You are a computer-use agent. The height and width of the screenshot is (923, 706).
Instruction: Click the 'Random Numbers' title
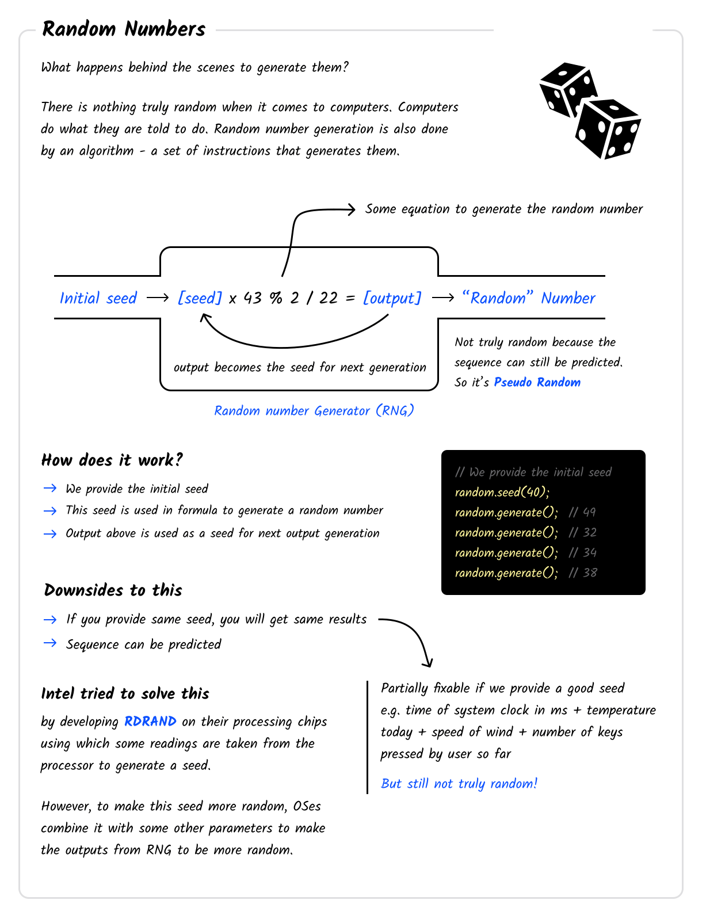click(x=124, y=29)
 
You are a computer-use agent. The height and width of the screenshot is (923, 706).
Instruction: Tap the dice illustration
click(x=590, y=111)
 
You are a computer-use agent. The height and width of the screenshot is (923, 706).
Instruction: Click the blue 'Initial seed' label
click(x=98, y=298)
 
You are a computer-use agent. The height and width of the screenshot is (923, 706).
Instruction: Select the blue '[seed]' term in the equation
click(x=200, y=298)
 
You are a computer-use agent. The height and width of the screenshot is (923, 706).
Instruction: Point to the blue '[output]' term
click(x=392, y=298)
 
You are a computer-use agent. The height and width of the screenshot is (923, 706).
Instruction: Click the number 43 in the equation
click(x=253, y=298)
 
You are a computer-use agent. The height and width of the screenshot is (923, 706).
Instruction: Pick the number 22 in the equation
click(x=329, y=298)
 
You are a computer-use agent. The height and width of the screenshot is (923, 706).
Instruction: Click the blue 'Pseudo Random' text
click(x=537, y=383)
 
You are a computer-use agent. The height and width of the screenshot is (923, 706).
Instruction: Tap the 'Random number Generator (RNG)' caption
click(x=314, y=411)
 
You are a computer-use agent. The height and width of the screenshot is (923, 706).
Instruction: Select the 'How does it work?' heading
click(x=112, y=460)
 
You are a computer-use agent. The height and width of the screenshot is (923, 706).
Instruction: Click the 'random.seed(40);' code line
click(x=502, y=493)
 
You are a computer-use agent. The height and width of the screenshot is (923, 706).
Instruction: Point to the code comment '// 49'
click(x=582, y=513)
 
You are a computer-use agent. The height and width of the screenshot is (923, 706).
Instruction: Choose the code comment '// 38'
click(x=582, y=573)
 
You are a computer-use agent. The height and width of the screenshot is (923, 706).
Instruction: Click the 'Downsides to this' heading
click(x=113, y=590)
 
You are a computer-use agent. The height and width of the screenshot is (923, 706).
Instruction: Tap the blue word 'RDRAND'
click(x=150, y=722)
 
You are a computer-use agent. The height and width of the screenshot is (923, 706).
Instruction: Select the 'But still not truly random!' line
click(x=459, y=784)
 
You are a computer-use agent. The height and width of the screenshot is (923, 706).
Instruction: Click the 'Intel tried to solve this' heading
click(x=125, y=693)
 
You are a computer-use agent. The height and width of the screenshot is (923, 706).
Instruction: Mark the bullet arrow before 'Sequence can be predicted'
click(x=50, y=643)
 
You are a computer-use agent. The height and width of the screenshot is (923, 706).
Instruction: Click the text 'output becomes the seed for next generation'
click(x=300, y=368)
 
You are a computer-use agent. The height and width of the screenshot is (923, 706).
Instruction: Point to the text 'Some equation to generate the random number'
click(x=504, y=209)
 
